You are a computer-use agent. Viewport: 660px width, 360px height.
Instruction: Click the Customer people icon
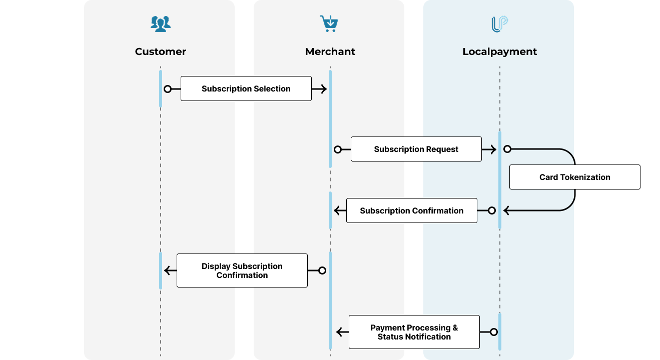pyautogui.click(x=160, y=23)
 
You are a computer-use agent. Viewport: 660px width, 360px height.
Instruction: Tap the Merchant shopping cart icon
pyautogui.click(x=329, y=23)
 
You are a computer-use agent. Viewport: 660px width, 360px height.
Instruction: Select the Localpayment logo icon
pyautogui.click(x=499, y=24)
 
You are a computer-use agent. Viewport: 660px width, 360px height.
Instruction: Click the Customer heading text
pyautogui.click(x=160, y=51)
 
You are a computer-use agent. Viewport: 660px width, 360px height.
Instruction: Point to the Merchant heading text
pyautogui.click(x=330, y=51)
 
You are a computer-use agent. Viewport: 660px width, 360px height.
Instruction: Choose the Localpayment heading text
pyautogui.click(x=499, y=51)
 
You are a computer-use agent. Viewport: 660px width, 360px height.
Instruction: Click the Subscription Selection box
pyautogui.click(x=246, y=88)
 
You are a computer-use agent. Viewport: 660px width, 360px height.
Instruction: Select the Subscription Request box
pyautogui.click(x=416, y=149)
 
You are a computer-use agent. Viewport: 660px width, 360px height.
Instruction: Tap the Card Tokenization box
pyautogui.click(x=574, y=177)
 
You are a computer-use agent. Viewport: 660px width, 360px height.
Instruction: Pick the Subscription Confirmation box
pyautogui.click(x=411, y=210)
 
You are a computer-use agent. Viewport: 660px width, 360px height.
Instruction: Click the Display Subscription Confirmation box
pyautogui.click(x=242, y=270)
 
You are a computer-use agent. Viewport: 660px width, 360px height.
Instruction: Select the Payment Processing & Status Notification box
pyautogui.click(x=414, y=332)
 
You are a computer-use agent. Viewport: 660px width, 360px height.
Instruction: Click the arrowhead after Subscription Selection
pyautogui.click(x=323, y=89)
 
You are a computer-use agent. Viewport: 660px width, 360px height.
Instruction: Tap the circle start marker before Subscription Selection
pyautogui.click(x=168, y=89)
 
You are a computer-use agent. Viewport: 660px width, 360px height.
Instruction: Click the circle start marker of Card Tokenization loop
pyautogui.click(x=507, y=149)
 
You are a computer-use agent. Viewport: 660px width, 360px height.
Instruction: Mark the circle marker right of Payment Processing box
pyautogui.click(x=493, y=332)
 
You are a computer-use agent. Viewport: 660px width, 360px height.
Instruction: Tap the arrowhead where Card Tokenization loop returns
pyautogui.click(x=507, y=210)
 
